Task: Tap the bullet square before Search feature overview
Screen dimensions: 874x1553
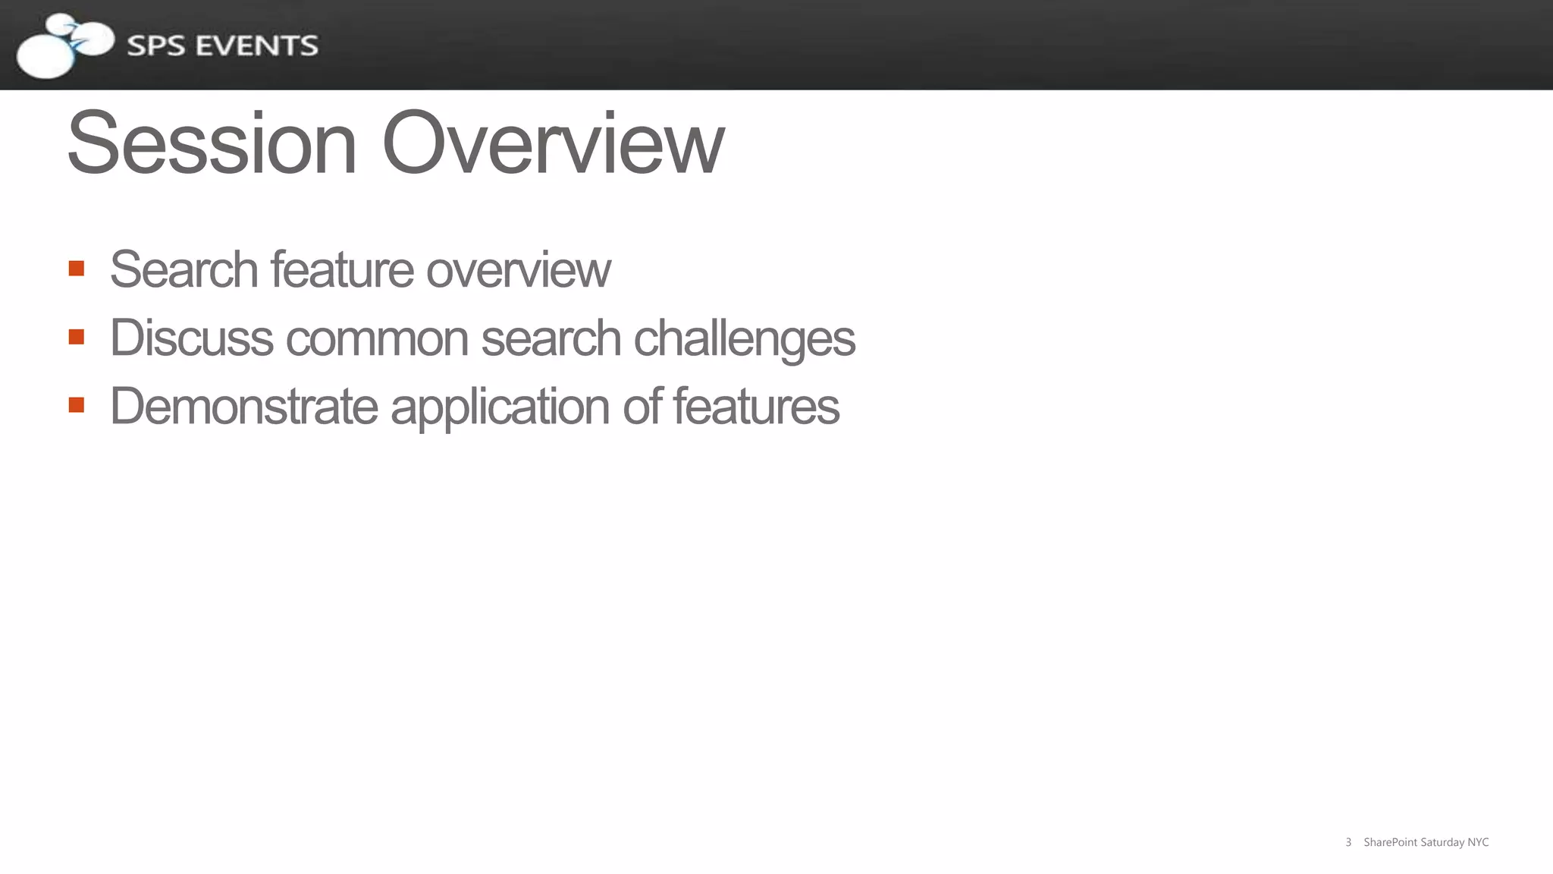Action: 76,269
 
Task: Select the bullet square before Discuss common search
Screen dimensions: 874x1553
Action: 76,337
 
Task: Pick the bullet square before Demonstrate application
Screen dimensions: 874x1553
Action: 76,405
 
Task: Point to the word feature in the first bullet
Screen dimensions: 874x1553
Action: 342,269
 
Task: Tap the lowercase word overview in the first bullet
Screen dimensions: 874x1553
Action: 518,271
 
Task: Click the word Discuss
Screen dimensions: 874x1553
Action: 191,338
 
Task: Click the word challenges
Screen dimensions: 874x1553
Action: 744,339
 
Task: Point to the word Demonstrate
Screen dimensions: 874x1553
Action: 243,406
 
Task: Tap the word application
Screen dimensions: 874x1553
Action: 500,407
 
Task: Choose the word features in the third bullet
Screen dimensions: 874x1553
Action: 756,406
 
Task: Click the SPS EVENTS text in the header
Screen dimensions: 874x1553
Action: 222,46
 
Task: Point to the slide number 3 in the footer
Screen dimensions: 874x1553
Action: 1348,842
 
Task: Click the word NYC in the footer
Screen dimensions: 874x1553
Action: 1478,842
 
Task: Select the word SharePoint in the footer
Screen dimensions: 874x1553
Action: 1390,842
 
